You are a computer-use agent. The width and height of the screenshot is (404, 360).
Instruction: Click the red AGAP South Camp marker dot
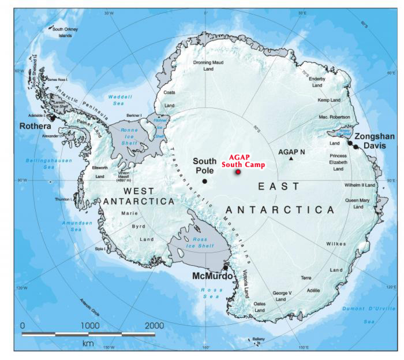point(238,172)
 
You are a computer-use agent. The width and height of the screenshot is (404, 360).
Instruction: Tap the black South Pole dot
point(205,181)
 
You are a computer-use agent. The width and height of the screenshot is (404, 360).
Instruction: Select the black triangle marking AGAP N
point(291,158)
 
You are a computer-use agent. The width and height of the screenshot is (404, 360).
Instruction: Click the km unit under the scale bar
point(88,343)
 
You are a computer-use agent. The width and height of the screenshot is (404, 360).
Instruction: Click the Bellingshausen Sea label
point(43,163)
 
